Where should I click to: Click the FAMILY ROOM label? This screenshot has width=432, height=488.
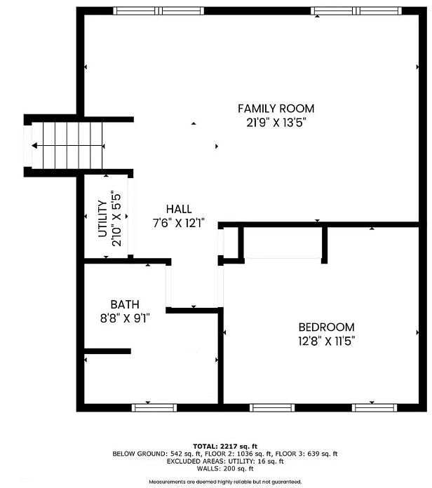(276, 109)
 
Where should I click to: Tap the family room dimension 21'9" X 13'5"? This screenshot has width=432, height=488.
(276, 123)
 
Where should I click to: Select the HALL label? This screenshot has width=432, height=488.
(179, 209)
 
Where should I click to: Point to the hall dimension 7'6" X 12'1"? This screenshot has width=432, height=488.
(179, 223)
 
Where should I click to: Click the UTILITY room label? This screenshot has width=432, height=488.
(102, 219)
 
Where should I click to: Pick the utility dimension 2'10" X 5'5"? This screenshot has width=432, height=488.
(116, 219)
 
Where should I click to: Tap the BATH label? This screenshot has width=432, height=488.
(125, 304)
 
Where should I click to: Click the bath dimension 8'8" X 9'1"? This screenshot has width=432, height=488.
(125, 318)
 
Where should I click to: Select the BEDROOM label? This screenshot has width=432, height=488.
(327, 327)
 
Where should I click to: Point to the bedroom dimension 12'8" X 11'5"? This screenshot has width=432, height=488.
(327, 341)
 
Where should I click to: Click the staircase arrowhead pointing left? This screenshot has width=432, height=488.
(34, 146)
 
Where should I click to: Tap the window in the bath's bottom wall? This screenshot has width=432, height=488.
(154, 407)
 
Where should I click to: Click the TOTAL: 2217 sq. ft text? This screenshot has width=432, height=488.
(225, 447)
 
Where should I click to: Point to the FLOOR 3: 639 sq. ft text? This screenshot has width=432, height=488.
(306, 454)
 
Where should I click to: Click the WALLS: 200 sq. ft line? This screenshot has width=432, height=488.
(225, 468)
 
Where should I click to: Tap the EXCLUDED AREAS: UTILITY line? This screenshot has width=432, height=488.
(225, 461)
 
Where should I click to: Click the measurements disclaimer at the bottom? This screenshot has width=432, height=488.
(225, 482)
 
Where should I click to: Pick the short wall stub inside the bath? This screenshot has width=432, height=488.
(107, 351)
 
